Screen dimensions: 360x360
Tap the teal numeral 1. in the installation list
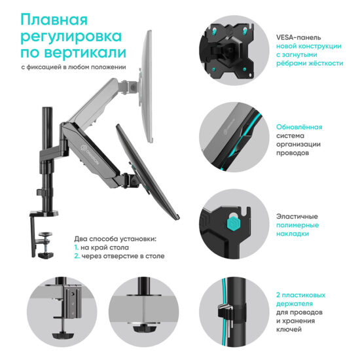point(76,247)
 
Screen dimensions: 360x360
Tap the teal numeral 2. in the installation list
point(77,257)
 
